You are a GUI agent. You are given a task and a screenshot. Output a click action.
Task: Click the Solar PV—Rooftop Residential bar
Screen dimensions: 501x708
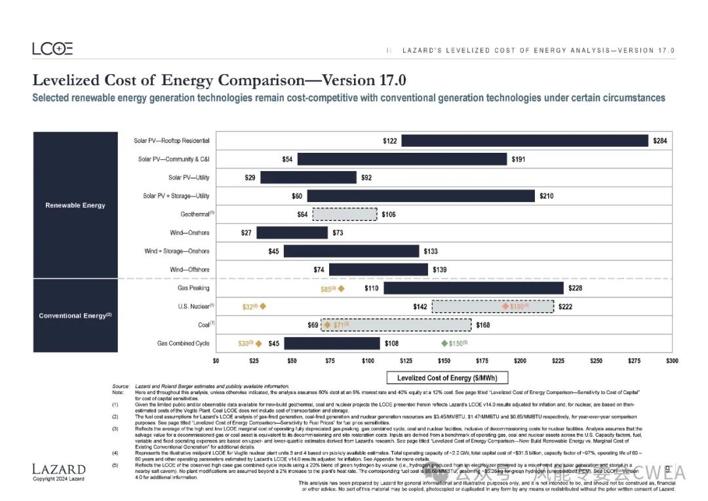coord(524,141)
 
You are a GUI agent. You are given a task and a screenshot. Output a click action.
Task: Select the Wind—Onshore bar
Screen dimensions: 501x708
coord(292,233)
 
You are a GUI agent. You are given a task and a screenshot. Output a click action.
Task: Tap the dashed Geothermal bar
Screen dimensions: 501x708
coord(344,214)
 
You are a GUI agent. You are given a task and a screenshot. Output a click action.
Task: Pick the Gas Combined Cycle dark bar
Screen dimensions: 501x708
coord(332,343)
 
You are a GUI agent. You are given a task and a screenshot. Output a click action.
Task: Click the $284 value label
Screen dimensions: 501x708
coord(660,141)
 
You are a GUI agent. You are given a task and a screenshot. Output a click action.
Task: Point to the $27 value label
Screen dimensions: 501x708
coord(246,233)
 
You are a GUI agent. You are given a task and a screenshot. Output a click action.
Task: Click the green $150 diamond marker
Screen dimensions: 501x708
coord(444,343)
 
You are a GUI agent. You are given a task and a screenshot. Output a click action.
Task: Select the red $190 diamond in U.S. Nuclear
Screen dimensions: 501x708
coord(505,306)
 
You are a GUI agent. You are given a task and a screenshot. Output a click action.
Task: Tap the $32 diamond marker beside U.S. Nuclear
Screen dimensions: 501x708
coord(263,306)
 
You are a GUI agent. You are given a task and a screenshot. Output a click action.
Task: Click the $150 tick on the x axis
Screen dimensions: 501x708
coord(444,361)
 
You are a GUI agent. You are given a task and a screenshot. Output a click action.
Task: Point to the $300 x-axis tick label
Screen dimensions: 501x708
coord(671,361)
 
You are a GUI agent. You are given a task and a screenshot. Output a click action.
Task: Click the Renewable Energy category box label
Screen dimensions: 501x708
coord(75,205)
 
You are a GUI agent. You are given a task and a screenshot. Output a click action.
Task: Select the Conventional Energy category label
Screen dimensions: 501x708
coord(75,315)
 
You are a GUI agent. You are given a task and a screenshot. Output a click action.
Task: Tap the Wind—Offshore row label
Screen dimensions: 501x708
coord(189,270)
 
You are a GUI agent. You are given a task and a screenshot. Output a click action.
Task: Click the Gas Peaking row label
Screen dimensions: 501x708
coord(193,288)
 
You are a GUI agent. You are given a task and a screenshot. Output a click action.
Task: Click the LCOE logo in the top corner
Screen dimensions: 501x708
coord(52,49)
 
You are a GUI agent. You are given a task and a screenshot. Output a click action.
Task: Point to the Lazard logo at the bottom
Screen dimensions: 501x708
coord(59,469)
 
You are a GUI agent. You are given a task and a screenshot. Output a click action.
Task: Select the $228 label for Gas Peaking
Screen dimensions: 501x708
coord(575,288)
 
